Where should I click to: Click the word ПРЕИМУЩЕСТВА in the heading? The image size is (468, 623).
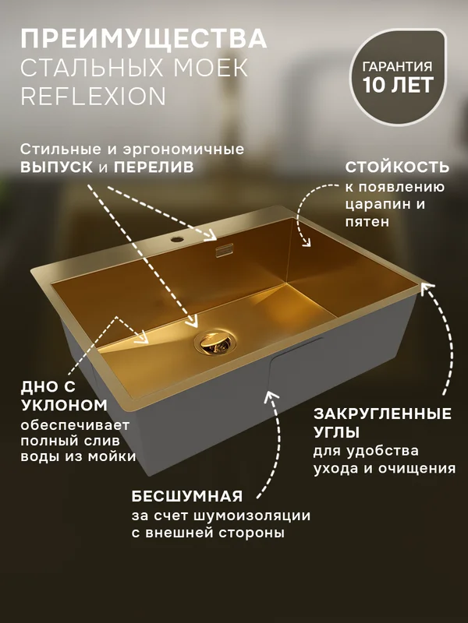144,38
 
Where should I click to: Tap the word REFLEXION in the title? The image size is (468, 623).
93,96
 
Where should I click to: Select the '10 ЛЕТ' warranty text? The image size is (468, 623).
398,85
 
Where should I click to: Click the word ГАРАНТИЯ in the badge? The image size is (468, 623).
398,66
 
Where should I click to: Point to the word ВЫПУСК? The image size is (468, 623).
56,167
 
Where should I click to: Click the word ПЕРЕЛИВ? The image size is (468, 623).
154,167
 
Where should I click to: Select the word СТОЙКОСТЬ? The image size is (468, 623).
397,167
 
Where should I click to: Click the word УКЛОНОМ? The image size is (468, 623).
64,406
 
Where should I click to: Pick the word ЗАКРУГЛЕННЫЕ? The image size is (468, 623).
382,414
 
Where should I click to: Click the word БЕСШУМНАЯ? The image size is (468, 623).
187,496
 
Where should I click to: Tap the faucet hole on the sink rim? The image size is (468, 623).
175,240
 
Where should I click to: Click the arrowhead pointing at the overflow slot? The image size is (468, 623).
211,235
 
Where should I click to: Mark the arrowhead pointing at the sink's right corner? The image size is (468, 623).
427,288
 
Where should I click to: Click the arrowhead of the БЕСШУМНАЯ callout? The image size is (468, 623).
271,397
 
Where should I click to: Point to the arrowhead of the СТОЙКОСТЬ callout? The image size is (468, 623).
306,242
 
